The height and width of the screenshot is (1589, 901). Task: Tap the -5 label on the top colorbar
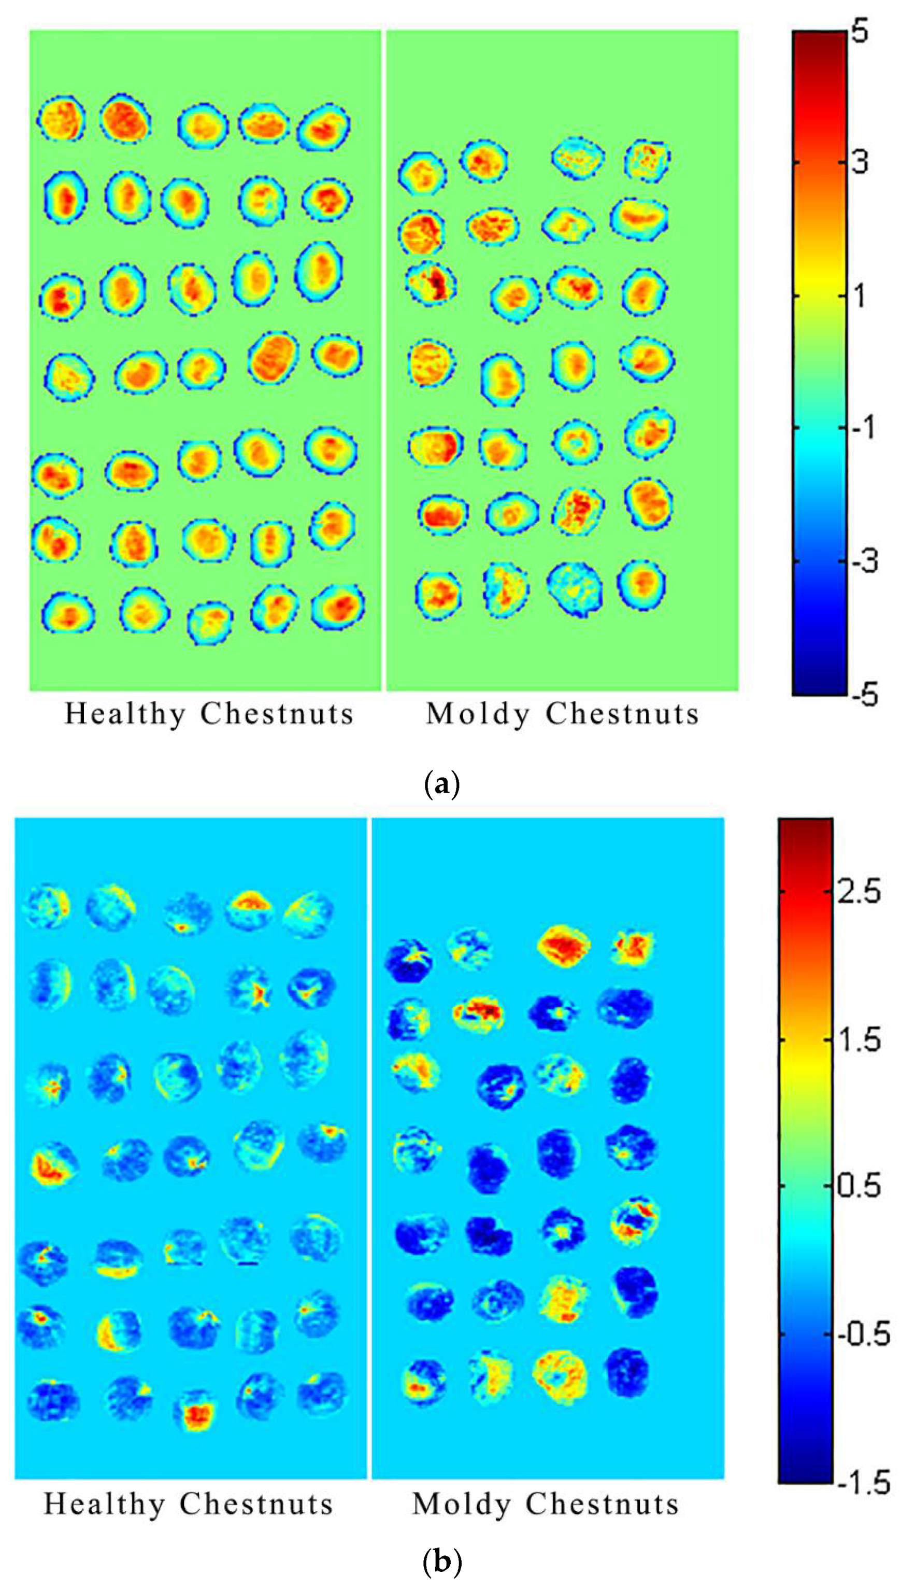(865, 696)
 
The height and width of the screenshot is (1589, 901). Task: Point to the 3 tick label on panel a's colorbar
(860, 162)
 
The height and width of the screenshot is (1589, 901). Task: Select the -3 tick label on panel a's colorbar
(865, 562)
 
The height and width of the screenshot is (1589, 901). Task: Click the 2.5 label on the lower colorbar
(859, 892)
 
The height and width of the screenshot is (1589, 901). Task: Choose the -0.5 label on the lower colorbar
(863, 1335)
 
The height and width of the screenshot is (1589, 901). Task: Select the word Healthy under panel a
(124, 714)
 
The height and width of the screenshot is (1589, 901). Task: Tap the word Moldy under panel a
(478, 714)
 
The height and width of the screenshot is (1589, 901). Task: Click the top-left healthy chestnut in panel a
(61, 118)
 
